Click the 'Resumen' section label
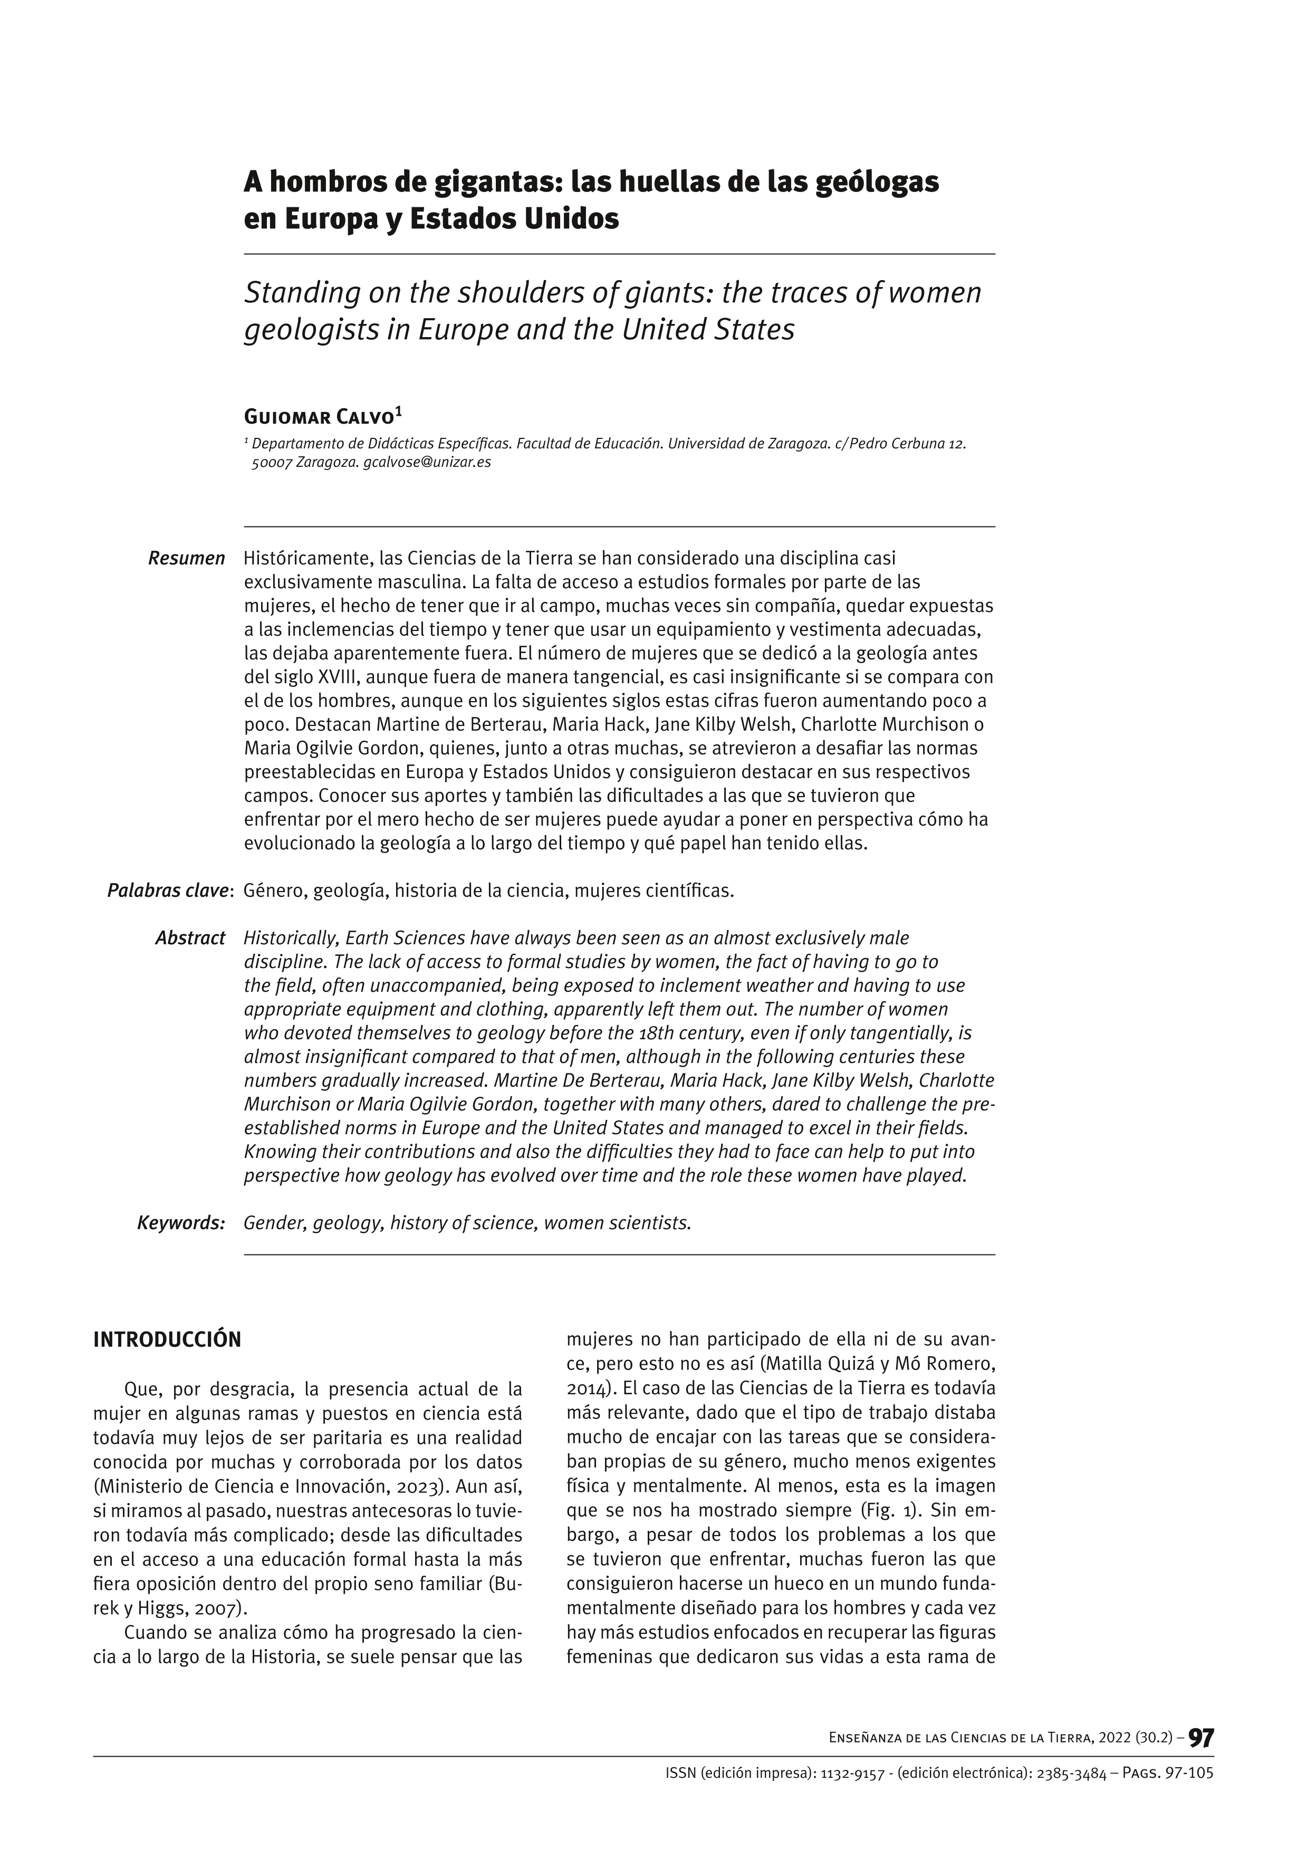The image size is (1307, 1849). coord(187,559)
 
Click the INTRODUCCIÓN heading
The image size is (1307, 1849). coord(168,1340)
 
